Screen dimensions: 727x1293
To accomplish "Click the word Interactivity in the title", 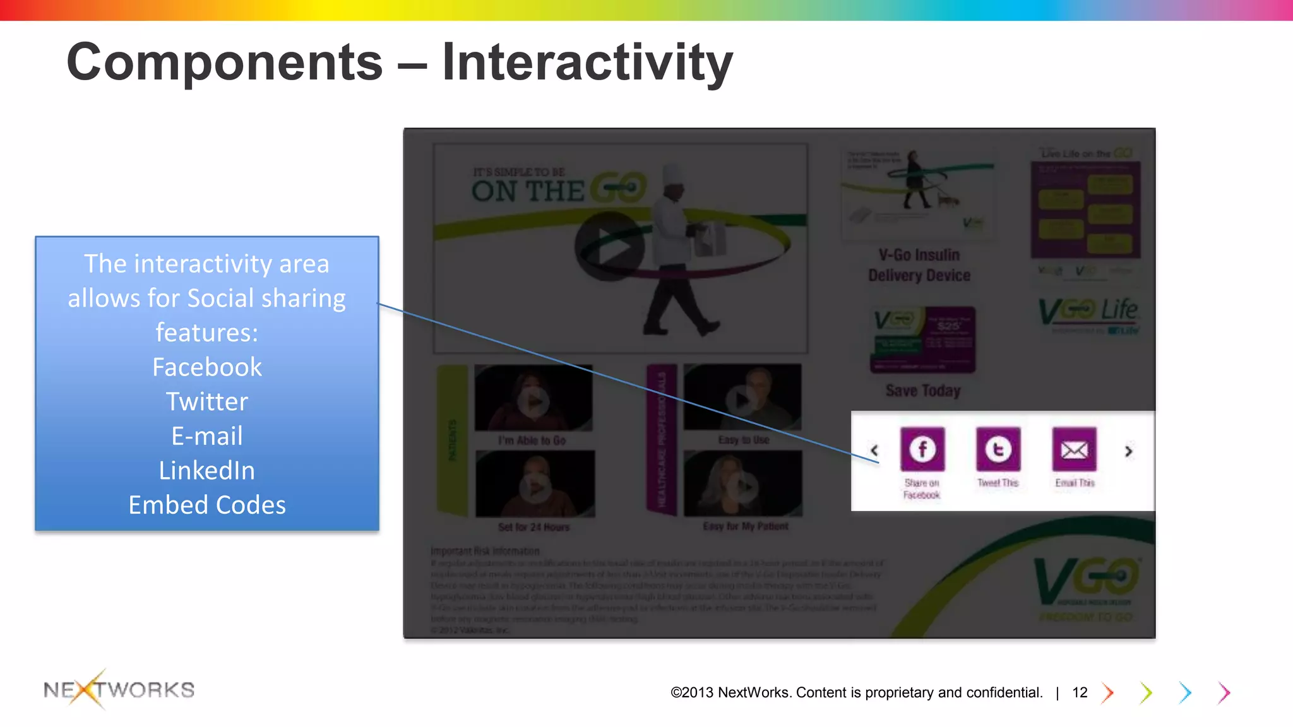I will pos(587,62).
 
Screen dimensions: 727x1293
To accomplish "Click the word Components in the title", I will pos(224,62).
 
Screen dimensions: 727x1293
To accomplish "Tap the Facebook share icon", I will pos(922,449).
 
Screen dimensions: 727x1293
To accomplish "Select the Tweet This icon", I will pos(998,449).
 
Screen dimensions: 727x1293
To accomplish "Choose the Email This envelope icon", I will pos(1074,449).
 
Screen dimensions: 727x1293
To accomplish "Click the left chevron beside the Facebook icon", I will pos(874,451).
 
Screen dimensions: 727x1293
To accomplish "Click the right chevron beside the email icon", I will pos(1129,451).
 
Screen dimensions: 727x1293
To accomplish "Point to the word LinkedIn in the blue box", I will pos(206,471).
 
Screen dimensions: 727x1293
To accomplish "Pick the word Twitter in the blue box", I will pos(206,402).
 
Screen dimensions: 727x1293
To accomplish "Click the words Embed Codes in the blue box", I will pos(206,505).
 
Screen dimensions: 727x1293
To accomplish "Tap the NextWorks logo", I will pos(119,690).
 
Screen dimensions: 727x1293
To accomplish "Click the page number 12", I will pos(1080,693).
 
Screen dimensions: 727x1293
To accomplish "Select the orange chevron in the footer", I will pos(1108,693).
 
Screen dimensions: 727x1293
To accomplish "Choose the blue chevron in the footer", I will pos(1186,693).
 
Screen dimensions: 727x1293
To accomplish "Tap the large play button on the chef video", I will pos(609,246).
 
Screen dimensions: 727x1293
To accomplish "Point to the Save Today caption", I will pos(923,391).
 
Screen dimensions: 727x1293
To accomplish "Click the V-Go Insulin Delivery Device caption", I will pos(919,265).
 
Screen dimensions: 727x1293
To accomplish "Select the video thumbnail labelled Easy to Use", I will pos(742,398).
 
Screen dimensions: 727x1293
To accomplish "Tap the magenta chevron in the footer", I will pos(1225,693).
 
